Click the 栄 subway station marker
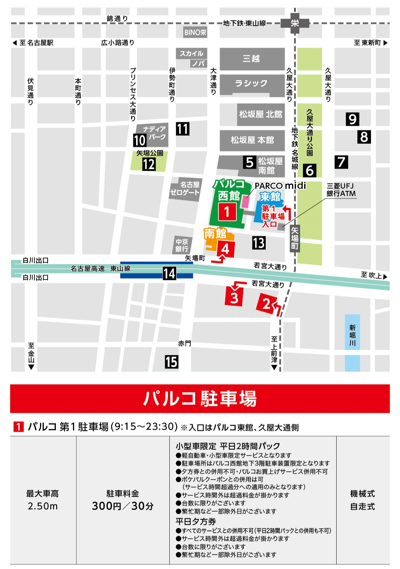coord(295,23)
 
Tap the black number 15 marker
coord(172,362)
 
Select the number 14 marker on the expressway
coord(169,274)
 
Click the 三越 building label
coord(251,58)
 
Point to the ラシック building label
coord(251,84)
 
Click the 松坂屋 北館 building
coord(261,114)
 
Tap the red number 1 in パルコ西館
coord(227,212)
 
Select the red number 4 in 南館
coord(225,248)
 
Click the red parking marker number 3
coord(234,297)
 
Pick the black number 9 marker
coord(352,119)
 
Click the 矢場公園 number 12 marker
coord(149,164)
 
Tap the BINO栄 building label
coord(195,32)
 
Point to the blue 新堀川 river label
coord(352,335)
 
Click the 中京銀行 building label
coord(182,245)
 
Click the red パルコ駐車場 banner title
coord(200,398)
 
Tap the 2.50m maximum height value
coord(43,506)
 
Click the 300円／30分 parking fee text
coord(123,506)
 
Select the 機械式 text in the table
coord(362,494)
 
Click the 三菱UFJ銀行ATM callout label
coord(341,190)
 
